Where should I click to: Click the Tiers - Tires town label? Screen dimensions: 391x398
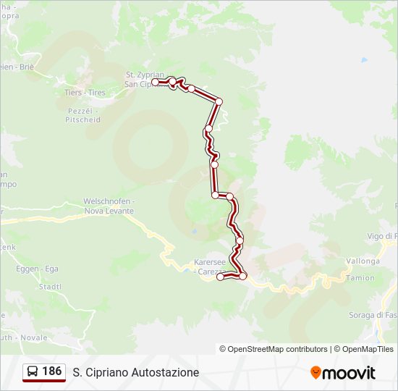[85, 93]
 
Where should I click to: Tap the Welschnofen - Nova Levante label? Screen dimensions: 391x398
[109, 206]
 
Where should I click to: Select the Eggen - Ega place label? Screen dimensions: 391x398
[37, 269]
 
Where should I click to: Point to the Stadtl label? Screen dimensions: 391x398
[50, 286]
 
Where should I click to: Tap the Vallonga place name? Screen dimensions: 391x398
[363, 261]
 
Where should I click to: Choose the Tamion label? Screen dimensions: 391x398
[360, 278]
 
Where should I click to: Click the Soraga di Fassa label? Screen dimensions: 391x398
[373, 315]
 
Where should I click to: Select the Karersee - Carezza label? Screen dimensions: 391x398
[212, 266]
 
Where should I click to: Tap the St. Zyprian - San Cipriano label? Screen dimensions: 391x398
[145, 79]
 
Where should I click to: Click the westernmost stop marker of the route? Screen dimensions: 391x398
[155, 83]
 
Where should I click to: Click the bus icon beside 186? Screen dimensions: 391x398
[33, 372]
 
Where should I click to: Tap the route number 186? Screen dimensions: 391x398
[52, 371]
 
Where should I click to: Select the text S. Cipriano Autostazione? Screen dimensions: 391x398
[136, 372]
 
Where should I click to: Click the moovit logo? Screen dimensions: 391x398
[343, 372]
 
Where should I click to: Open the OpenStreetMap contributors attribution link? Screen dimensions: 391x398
[274, 349]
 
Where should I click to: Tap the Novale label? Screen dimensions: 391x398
[33, 337]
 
